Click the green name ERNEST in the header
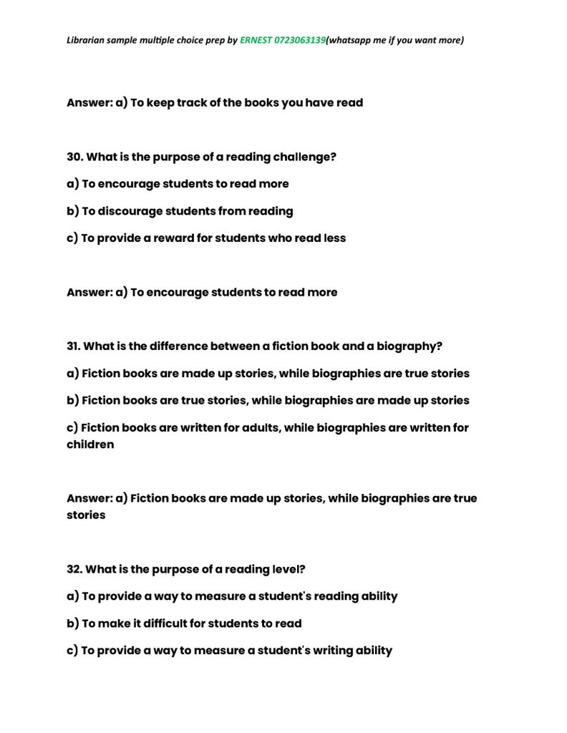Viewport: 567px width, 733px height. point(256,40)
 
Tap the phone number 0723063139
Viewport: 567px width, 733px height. point(299,40)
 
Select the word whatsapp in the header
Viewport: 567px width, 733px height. point(349,40)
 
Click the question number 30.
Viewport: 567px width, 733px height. point(74,157)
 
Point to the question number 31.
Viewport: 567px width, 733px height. point(74,346)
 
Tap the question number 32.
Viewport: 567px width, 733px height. point(74,570)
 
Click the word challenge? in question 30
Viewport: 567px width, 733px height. point(304,157)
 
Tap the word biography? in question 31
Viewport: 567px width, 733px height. point(409,346)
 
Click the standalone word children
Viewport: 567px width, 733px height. point(90,445)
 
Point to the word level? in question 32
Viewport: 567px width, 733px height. point(295,570)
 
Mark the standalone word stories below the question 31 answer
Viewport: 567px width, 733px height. point(86,515)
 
